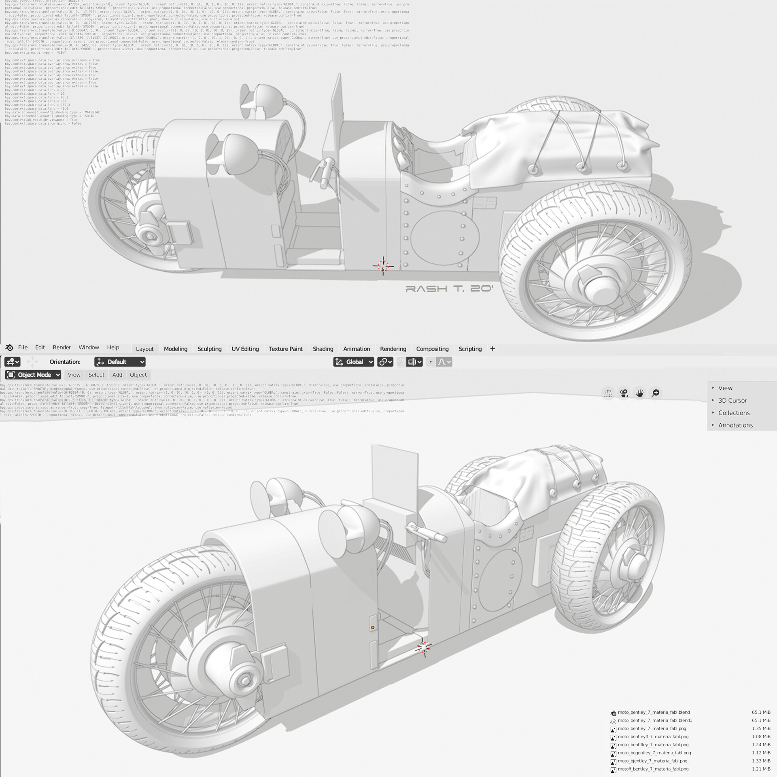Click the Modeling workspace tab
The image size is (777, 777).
(x=175, y=349)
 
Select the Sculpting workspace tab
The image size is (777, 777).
(x=209, y=349)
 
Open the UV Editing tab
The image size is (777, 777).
(x=245, y=349)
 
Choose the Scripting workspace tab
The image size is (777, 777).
(x=470, y=349)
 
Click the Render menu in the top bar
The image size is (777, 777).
(x=62, y=347)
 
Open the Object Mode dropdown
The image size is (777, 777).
(x=33, y=375)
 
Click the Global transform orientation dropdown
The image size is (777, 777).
(x=354, y=362)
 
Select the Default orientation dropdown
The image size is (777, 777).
(x=120, y=362)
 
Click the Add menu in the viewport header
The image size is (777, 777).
(x=117, y=375)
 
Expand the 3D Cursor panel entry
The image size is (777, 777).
(x=732, y=400)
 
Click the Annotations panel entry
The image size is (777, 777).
(x=735, y=425)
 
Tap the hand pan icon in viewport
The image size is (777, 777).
(x=639, y=393)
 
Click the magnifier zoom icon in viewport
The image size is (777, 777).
(x=655, y=393)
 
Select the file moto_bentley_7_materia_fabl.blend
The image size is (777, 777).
(x=654, y=712)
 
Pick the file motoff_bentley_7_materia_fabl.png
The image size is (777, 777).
(x=653, y=769)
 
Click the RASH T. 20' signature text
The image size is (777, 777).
(x=449, y=289)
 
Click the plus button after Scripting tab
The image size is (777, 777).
(x=492, y=348)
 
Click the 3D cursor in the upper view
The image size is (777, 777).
(x=383, y=266)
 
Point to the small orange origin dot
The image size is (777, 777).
(x=372, y=628)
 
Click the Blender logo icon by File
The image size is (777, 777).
(x=9, y=348)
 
